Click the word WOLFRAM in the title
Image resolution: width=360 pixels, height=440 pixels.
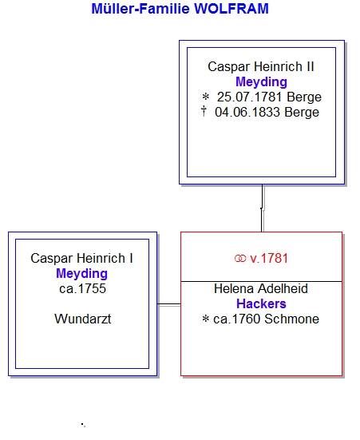[x=231, y=9]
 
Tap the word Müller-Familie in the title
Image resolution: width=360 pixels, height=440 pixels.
[x=140, y=9]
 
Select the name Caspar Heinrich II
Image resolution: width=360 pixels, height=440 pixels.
[x=261, y=67]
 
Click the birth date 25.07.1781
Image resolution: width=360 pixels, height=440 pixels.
[x=249, y=97]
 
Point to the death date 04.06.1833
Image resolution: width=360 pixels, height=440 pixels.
[x=247, y=113]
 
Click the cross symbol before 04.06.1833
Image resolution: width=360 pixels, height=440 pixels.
[x=204, y=111]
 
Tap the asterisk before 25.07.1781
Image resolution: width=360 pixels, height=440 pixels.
[x=206, y=97]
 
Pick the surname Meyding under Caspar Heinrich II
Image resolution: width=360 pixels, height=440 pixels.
[x=261, y=82]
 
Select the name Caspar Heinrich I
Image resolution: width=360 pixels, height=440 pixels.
[x=81, y=259]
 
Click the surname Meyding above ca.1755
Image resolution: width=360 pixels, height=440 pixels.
[x=81, y=274]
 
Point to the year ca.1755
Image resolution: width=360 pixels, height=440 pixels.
[x=82, y=289]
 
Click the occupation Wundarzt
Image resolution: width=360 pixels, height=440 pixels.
[x=83, y=319]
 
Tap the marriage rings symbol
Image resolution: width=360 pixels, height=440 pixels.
[x=240, y=259]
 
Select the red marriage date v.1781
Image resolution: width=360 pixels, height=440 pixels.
[x=269, y=259]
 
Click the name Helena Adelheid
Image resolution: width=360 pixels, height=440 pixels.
[x=261, y=289]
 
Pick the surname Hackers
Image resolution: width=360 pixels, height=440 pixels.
[x=261, y=304]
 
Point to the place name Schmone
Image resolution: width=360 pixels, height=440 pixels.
[x=291, y=319]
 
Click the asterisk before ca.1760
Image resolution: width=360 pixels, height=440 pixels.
[x=206, y=319]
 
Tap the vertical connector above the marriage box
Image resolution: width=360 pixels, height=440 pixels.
[x=262, y=208]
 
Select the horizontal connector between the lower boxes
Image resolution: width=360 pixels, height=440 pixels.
[x=169, y=304]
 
